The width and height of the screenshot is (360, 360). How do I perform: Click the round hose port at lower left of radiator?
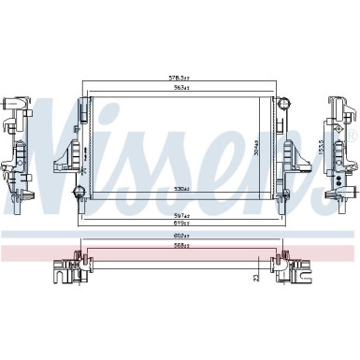tap(79, 193)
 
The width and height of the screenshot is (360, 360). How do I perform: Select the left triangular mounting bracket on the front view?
tap(67, 149)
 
